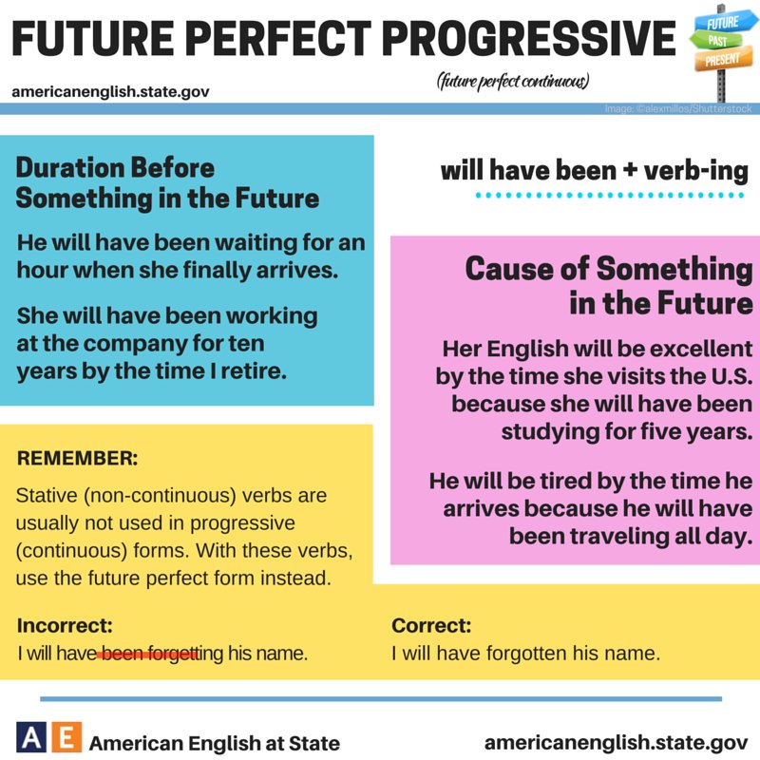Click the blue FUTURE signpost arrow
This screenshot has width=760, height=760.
click(x=726, y=22)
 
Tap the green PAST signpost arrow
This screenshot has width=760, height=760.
click(x=716, y=40)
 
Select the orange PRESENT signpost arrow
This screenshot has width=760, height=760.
click(x=723, y=59)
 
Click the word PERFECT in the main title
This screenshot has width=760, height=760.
click(x=277, y=38)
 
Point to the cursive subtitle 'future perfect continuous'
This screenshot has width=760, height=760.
click(x=513, y=81)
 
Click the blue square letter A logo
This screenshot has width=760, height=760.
click(x=31, y=737)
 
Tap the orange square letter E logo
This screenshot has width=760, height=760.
click(x=66, y=737)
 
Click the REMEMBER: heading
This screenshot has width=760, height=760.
click(x=78, y=458)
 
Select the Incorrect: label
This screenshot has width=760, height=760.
click(x=65, y=625)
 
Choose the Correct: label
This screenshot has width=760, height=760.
click(x=431, y=625)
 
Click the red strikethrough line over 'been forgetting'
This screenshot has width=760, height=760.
click(x=148, y=655)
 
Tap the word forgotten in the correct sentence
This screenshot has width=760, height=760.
click(x=527, y=654)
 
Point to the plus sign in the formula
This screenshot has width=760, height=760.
click(x=630, y=170)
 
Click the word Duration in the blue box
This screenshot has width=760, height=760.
click(x=67, y=168)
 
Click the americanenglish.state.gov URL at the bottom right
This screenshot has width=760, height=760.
click(x=616, y=743)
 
